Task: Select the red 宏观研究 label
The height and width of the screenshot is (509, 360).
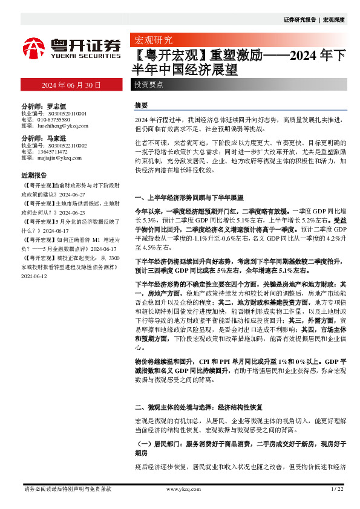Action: (152, 41)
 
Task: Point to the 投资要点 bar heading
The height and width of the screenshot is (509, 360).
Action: (148, 85)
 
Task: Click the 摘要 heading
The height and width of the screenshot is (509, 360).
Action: (141, 105)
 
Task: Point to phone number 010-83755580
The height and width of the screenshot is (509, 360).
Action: (53, 119)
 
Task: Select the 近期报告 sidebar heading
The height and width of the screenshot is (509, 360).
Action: (34, 175)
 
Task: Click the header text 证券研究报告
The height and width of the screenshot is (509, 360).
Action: (300, 20)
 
